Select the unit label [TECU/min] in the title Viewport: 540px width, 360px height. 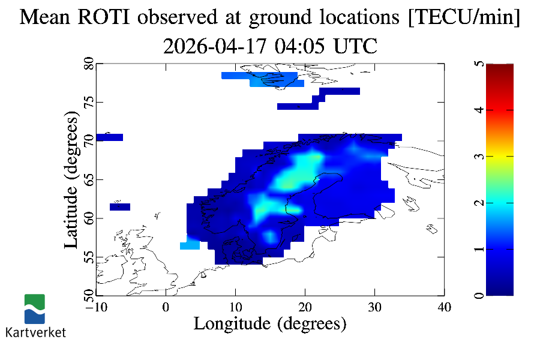(463, 17)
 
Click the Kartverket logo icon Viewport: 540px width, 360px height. (34, 309)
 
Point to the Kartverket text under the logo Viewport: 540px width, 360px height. (35, 332)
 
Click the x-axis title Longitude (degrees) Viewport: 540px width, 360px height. (270, 324)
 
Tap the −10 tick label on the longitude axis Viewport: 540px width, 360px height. (95, 307)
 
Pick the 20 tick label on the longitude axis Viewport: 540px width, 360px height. (305, 307)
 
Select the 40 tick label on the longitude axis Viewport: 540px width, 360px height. (444, 307)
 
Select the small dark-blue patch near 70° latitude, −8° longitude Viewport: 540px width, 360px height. (109, 137)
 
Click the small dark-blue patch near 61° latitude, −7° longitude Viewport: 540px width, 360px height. (120, 207)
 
